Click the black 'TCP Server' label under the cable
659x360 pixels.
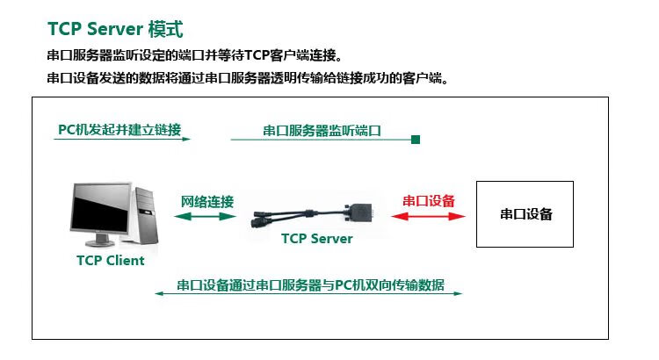(316, 238)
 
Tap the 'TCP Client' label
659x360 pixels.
(110, 260)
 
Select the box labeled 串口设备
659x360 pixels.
(525, 213)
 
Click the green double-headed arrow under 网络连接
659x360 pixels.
(207, 216)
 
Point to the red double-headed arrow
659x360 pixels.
(429, 216)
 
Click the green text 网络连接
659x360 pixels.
(207, 201)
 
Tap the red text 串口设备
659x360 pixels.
(429, 201)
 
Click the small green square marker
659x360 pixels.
(416, 139)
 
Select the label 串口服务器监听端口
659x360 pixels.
(322, 131)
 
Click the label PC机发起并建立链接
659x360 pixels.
(119, 130)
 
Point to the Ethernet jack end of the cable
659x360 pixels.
(264, 220)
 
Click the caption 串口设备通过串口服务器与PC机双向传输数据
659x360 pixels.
(310, 285)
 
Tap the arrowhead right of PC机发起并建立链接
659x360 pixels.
(187, 139)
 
